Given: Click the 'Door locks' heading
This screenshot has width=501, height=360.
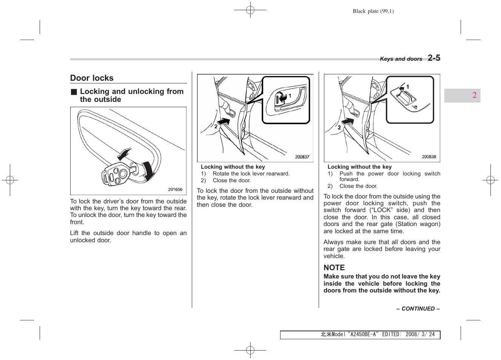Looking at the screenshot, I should (x=92, y=78).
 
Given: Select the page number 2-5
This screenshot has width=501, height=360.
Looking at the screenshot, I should (x=434, y=58).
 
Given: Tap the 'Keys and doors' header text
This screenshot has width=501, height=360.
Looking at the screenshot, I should (x=401, y=59).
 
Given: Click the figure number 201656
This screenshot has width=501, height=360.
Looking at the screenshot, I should (x=175, y=189).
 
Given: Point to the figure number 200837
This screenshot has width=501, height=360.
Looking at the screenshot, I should (x=302, y=157).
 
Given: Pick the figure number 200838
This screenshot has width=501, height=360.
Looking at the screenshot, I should (x=429, y=157).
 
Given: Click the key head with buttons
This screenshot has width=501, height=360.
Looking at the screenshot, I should (x=116, y=175).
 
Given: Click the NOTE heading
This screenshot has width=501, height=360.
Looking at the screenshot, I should (x=334, y=268).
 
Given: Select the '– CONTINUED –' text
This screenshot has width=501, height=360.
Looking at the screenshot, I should (x=418, y=309).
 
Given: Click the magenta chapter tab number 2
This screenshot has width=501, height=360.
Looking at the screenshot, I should (x=474, y=95).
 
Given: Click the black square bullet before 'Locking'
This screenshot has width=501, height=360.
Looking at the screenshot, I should (x=74, y=92).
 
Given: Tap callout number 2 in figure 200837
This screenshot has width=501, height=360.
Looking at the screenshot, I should (x=216, y=126).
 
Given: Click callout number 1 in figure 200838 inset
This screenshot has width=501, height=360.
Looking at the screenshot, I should (x=408, y=87).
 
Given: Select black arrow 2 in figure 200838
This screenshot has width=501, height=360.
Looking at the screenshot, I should (x=348, y=122).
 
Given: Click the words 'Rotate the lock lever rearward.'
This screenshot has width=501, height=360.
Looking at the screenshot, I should (x=251, y=174).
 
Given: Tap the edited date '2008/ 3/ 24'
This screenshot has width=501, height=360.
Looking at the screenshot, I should (x=420, y=334).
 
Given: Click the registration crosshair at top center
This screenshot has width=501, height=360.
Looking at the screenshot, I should (x=250, y=10).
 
